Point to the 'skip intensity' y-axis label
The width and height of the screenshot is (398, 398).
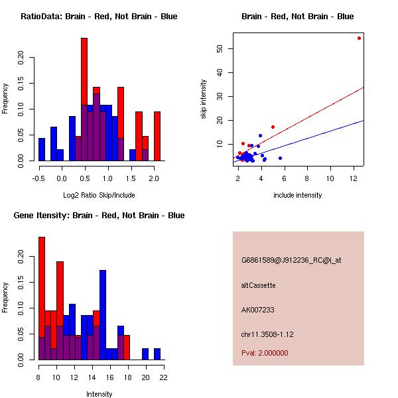[x=204, y=99]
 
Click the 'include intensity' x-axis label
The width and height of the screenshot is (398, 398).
[x=297, y=195]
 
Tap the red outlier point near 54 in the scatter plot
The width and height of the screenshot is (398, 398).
[x=359, y=38]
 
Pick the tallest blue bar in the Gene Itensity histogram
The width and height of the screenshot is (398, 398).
[x=103, y=314]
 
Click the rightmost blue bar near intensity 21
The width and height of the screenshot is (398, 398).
[x=157, y=354]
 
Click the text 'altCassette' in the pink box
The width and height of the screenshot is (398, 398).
[x=259, y=285]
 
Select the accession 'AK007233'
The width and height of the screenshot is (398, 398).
[x=258, y=310]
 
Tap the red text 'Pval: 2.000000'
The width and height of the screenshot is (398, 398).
[x=265, y=353]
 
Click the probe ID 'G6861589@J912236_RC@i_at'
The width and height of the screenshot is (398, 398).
[x=291, y=261]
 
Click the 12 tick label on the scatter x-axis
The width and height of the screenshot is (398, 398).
[x=353, y=178]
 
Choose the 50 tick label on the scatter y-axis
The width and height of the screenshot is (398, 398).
[x=227, y=48]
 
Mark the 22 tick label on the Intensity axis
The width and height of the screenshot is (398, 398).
[x=163, y=377]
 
